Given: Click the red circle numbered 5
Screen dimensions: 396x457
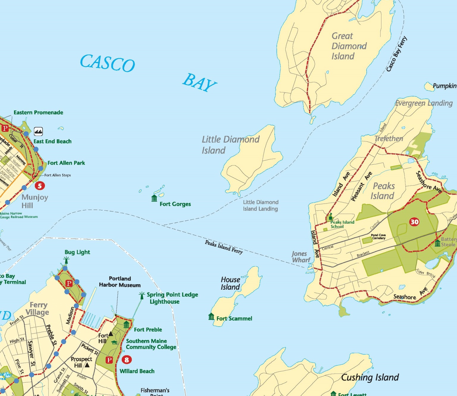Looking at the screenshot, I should pyautogui.click(x=40, y=186).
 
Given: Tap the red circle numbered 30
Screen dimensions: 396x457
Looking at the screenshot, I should pyautogui.click(x=414, y=222).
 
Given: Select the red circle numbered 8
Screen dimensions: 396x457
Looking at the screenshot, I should pyautogui.click(x=126, y=360).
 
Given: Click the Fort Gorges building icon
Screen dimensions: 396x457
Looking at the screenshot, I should pyautogui.click(x=154, y=198).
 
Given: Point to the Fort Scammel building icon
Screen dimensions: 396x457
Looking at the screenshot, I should pyautogui.click(x=211, y=317).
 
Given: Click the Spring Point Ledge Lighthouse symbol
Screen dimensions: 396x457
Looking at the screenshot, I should pyautogui.click(x=142, y=295).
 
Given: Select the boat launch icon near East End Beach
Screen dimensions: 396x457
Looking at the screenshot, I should pyautogui.click(x=38, y=131).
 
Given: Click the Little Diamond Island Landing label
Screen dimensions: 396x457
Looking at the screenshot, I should pyautogui.click(x=260, y=205).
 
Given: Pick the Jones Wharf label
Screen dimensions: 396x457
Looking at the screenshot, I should pyautogui.click(x=301, y=257).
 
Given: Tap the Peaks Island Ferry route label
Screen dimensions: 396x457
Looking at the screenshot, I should pyautogui.click(x=224, y=247).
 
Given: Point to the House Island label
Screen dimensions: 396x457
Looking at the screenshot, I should pyautogui.click(x=230, y=283).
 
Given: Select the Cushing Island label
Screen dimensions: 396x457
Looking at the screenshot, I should pyautogui.click(x=370, y=377).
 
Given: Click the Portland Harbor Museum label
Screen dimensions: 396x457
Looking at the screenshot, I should pyautogui.click(x=120, y=282).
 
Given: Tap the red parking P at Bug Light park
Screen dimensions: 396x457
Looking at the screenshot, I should pyautogui.click(x=69, y=283).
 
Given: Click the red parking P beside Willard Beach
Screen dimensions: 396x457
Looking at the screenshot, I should pyautogui.click(x=109, y=360).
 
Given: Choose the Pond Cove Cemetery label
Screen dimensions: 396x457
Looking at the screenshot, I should pyautogui.click(x=378, y=236).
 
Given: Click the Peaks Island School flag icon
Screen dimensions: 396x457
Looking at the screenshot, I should pyautogui.click(x=330, y=216).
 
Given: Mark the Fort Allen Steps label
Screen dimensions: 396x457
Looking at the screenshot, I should pyautogui.click(x=58, y=175).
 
